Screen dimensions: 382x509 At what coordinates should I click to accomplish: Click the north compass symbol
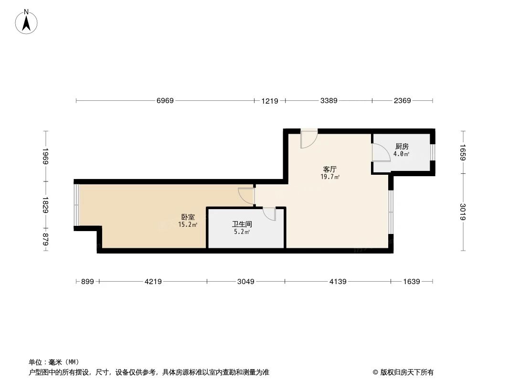pyautogui.click(x=27, y=21)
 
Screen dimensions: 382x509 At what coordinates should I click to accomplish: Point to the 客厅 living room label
pyautogui.click(x=330, y=169)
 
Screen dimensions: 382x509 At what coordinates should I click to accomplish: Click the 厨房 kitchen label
pyautogui.click(x=402, y=147)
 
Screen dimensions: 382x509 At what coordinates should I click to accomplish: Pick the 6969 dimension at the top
pyautogui.click(x=165, y=101)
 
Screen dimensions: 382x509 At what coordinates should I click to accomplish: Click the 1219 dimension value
pyautogui.click(x=269, y=101)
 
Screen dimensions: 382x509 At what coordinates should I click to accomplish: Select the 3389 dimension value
pyautogui.click(x=329, y=101)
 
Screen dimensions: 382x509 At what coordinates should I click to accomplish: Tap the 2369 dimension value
pyautogui.click(x=403, y=101)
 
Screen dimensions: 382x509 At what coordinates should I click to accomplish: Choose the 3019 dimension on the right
pyautogui.click(x=463, y=212)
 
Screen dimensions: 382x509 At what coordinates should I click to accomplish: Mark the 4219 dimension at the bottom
pyautogui.click(x=153, y=282)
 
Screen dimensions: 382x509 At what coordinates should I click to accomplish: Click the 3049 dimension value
pyautogui.click(x=246, y=282)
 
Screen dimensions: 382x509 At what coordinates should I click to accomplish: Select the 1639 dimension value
pyautogui.click(x=411, y=282)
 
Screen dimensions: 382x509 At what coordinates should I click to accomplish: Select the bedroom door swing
pyautogui.click(x=245, y=196)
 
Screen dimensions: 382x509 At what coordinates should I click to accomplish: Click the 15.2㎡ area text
pyautogui.click(x=188, y=224)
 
